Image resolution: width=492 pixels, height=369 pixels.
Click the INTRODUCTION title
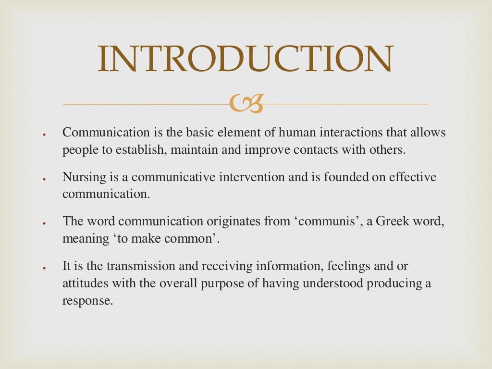pyautogui.click(x=246, y=59)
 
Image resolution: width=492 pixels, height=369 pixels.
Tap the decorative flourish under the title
pyautogui.click(x=246, y=104)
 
